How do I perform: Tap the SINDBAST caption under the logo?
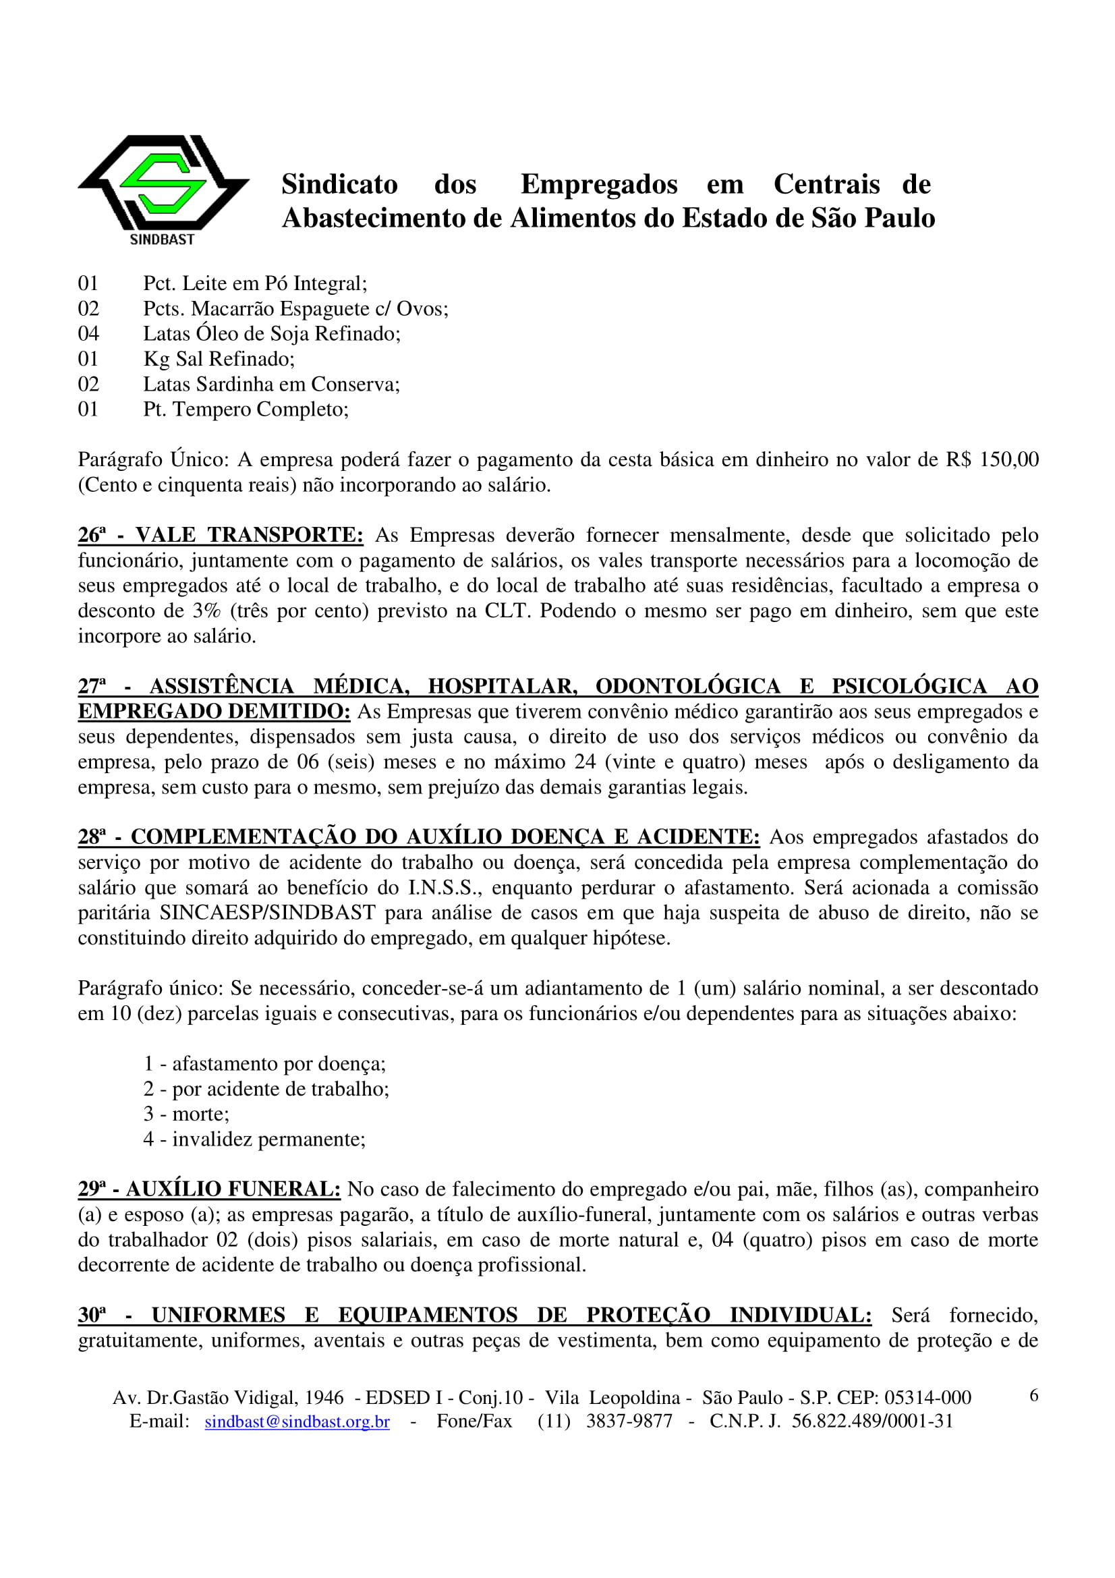[x=162, y=239]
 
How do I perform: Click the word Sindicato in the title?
[x=339, y=184]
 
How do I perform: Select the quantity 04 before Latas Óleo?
[x=88, y=334]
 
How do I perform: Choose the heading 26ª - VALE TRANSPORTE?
[x=220, y=535]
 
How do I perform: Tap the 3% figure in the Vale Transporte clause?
[x=206, y=611]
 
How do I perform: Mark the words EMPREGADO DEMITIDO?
[x=214, y=711]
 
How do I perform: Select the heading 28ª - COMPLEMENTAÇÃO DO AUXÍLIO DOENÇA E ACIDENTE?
[x=418, y=837]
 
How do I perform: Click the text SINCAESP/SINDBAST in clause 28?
[x=268, y=913]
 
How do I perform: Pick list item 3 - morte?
[x=186, y=1114]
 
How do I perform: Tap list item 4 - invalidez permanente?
[x=254, y=1139]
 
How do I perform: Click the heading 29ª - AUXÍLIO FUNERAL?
[x=209, y=1189]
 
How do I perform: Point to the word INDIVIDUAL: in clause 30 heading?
[x=801, y=1316]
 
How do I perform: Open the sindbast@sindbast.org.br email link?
[x=297, y=1421]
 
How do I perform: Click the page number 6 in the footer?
[x=1033, y=1396]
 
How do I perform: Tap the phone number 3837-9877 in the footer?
[x=629, y=1421]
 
